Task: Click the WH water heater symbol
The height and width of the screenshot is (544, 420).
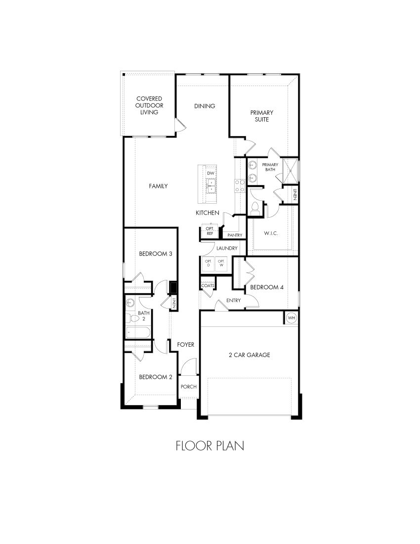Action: [291, 318]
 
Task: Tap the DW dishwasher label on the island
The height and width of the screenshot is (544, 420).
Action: [211, 174]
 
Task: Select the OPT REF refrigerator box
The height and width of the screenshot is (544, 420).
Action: [210, 231]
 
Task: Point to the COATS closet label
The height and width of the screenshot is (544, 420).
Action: [207, 286]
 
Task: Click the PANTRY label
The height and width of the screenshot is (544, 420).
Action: [235, 235]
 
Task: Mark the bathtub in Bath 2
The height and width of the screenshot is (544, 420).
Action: [140, 332]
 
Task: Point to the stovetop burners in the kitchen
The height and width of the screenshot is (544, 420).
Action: [240, 185]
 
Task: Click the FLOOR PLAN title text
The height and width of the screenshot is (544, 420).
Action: [210, 446]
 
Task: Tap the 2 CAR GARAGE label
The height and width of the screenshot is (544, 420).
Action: [249, 355]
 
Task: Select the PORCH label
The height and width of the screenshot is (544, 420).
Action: [189, 387]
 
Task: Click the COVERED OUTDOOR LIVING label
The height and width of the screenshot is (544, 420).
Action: [149, 105]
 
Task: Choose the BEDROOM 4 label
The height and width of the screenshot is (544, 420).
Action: [267, 287]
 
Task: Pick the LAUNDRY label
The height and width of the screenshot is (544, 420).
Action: [227, 248]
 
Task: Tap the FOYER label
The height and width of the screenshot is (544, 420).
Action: [186, 344]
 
